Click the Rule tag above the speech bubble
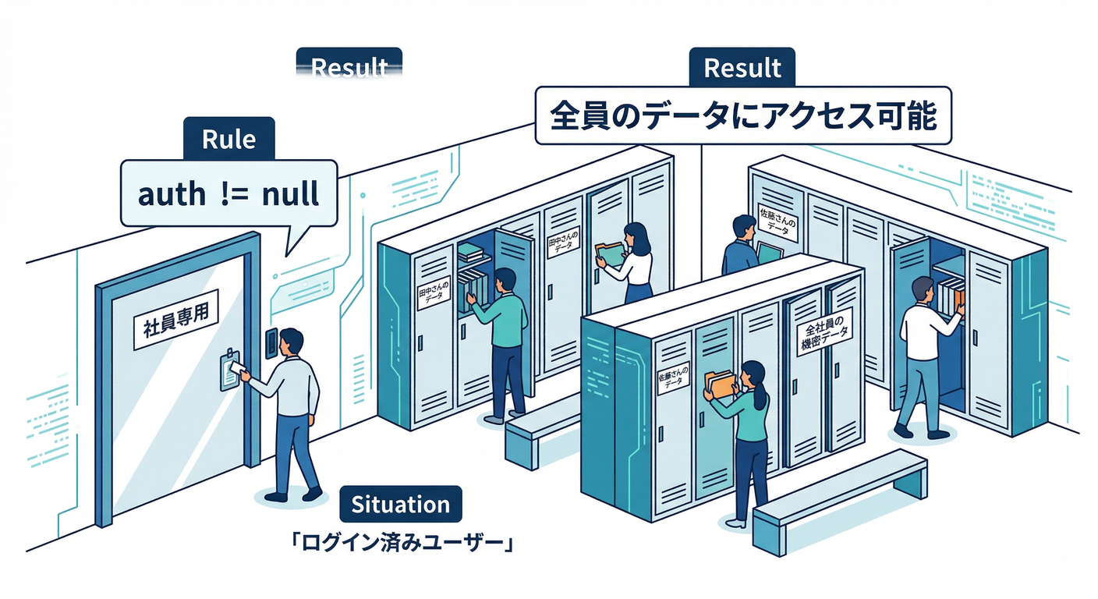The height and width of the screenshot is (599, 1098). click(228, 140)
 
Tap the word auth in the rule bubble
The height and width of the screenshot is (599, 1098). click(171, 193)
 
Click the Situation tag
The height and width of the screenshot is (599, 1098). click(401, 504)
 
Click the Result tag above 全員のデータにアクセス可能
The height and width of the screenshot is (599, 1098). click(742, 69)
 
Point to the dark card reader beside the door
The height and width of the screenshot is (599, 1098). click(271, 344)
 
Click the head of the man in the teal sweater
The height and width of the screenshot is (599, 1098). click(505, 280)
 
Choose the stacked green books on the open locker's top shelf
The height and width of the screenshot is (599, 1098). click(473, 250)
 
